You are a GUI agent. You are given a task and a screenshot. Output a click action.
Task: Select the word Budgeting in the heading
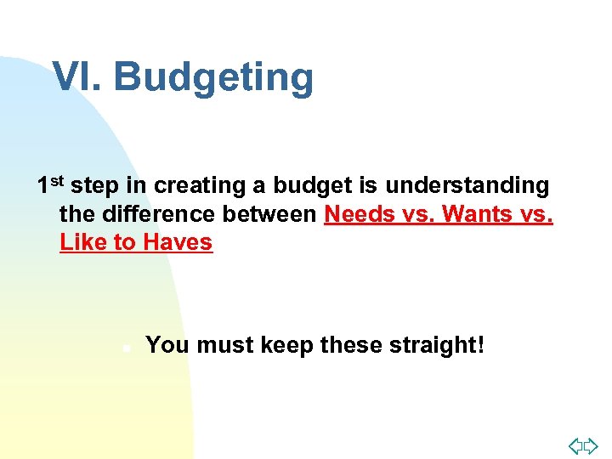pyautogui.click(x=213, y=78)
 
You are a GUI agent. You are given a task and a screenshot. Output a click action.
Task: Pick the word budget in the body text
pyautogui.click(x=303, y=185)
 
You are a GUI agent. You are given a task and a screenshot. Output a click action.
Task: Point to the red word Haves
pyautogui.click(x=178, y=242)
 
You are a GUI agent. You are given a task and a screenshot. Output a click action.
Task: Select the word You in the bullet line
pyautogui.click(x=167, y=345)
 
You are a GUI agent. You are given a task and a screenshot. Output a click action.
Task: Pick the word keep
pyautogui.click(x=287, y=345)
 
